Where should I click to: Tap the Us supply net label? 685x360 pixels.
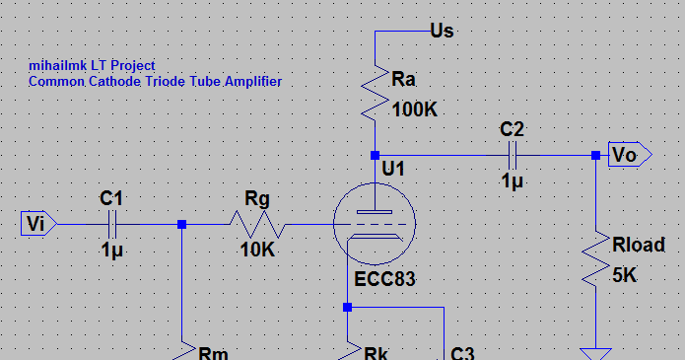pyautogui.click(x=443, y=31)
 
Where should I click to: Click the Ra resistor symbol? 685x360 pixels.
pyautogui.click(x=376, y=91)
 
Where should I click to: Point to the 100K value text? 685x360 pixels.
pyautogui.click(x=415, y=109)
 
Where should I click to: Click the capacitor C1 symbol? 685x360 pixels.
pyautogui.click(x=113, y=225)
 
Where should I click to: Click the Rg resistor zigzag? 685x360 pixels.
pyautogui.click(x=258, y=225)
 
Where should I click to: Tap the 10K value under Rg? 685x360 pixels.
pyautogui.click(x=257, y=251)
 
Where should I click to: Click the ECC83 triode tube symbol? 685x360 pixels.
pyautogui.click(x=376, y=225)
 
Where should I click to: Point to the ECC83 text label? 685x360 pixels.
pyautogui.click(x=385, y=279)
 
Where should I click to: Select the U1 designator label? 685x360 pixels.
pyautogui.click(x=394, y=170)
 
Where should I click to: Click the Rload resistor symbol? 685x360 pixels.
pyautogui.click(x=595, y=260)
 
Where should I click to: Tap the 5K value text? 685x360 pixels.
pyautogui.click(x=623, y=276)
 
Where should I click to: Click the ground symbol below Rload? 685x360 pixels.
pyautogui.click(x=595, y=352)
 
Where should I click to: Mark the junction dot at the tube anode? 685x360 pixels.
pyautogui.click(x=376, y=155)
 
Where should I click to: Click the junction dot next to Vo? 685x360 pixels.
pyautogui.click(x=595, y=155)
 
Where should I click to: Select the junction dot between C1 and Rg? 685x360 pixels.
pyautogui.click(x=181, y=225)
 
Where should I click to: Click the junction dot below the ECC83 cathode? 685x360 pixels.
pyautogui.click(x=347, y=307)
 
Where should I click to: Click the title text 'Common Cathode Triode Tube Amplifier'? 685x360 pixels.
pyautogui.click(x=156, y=82)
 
